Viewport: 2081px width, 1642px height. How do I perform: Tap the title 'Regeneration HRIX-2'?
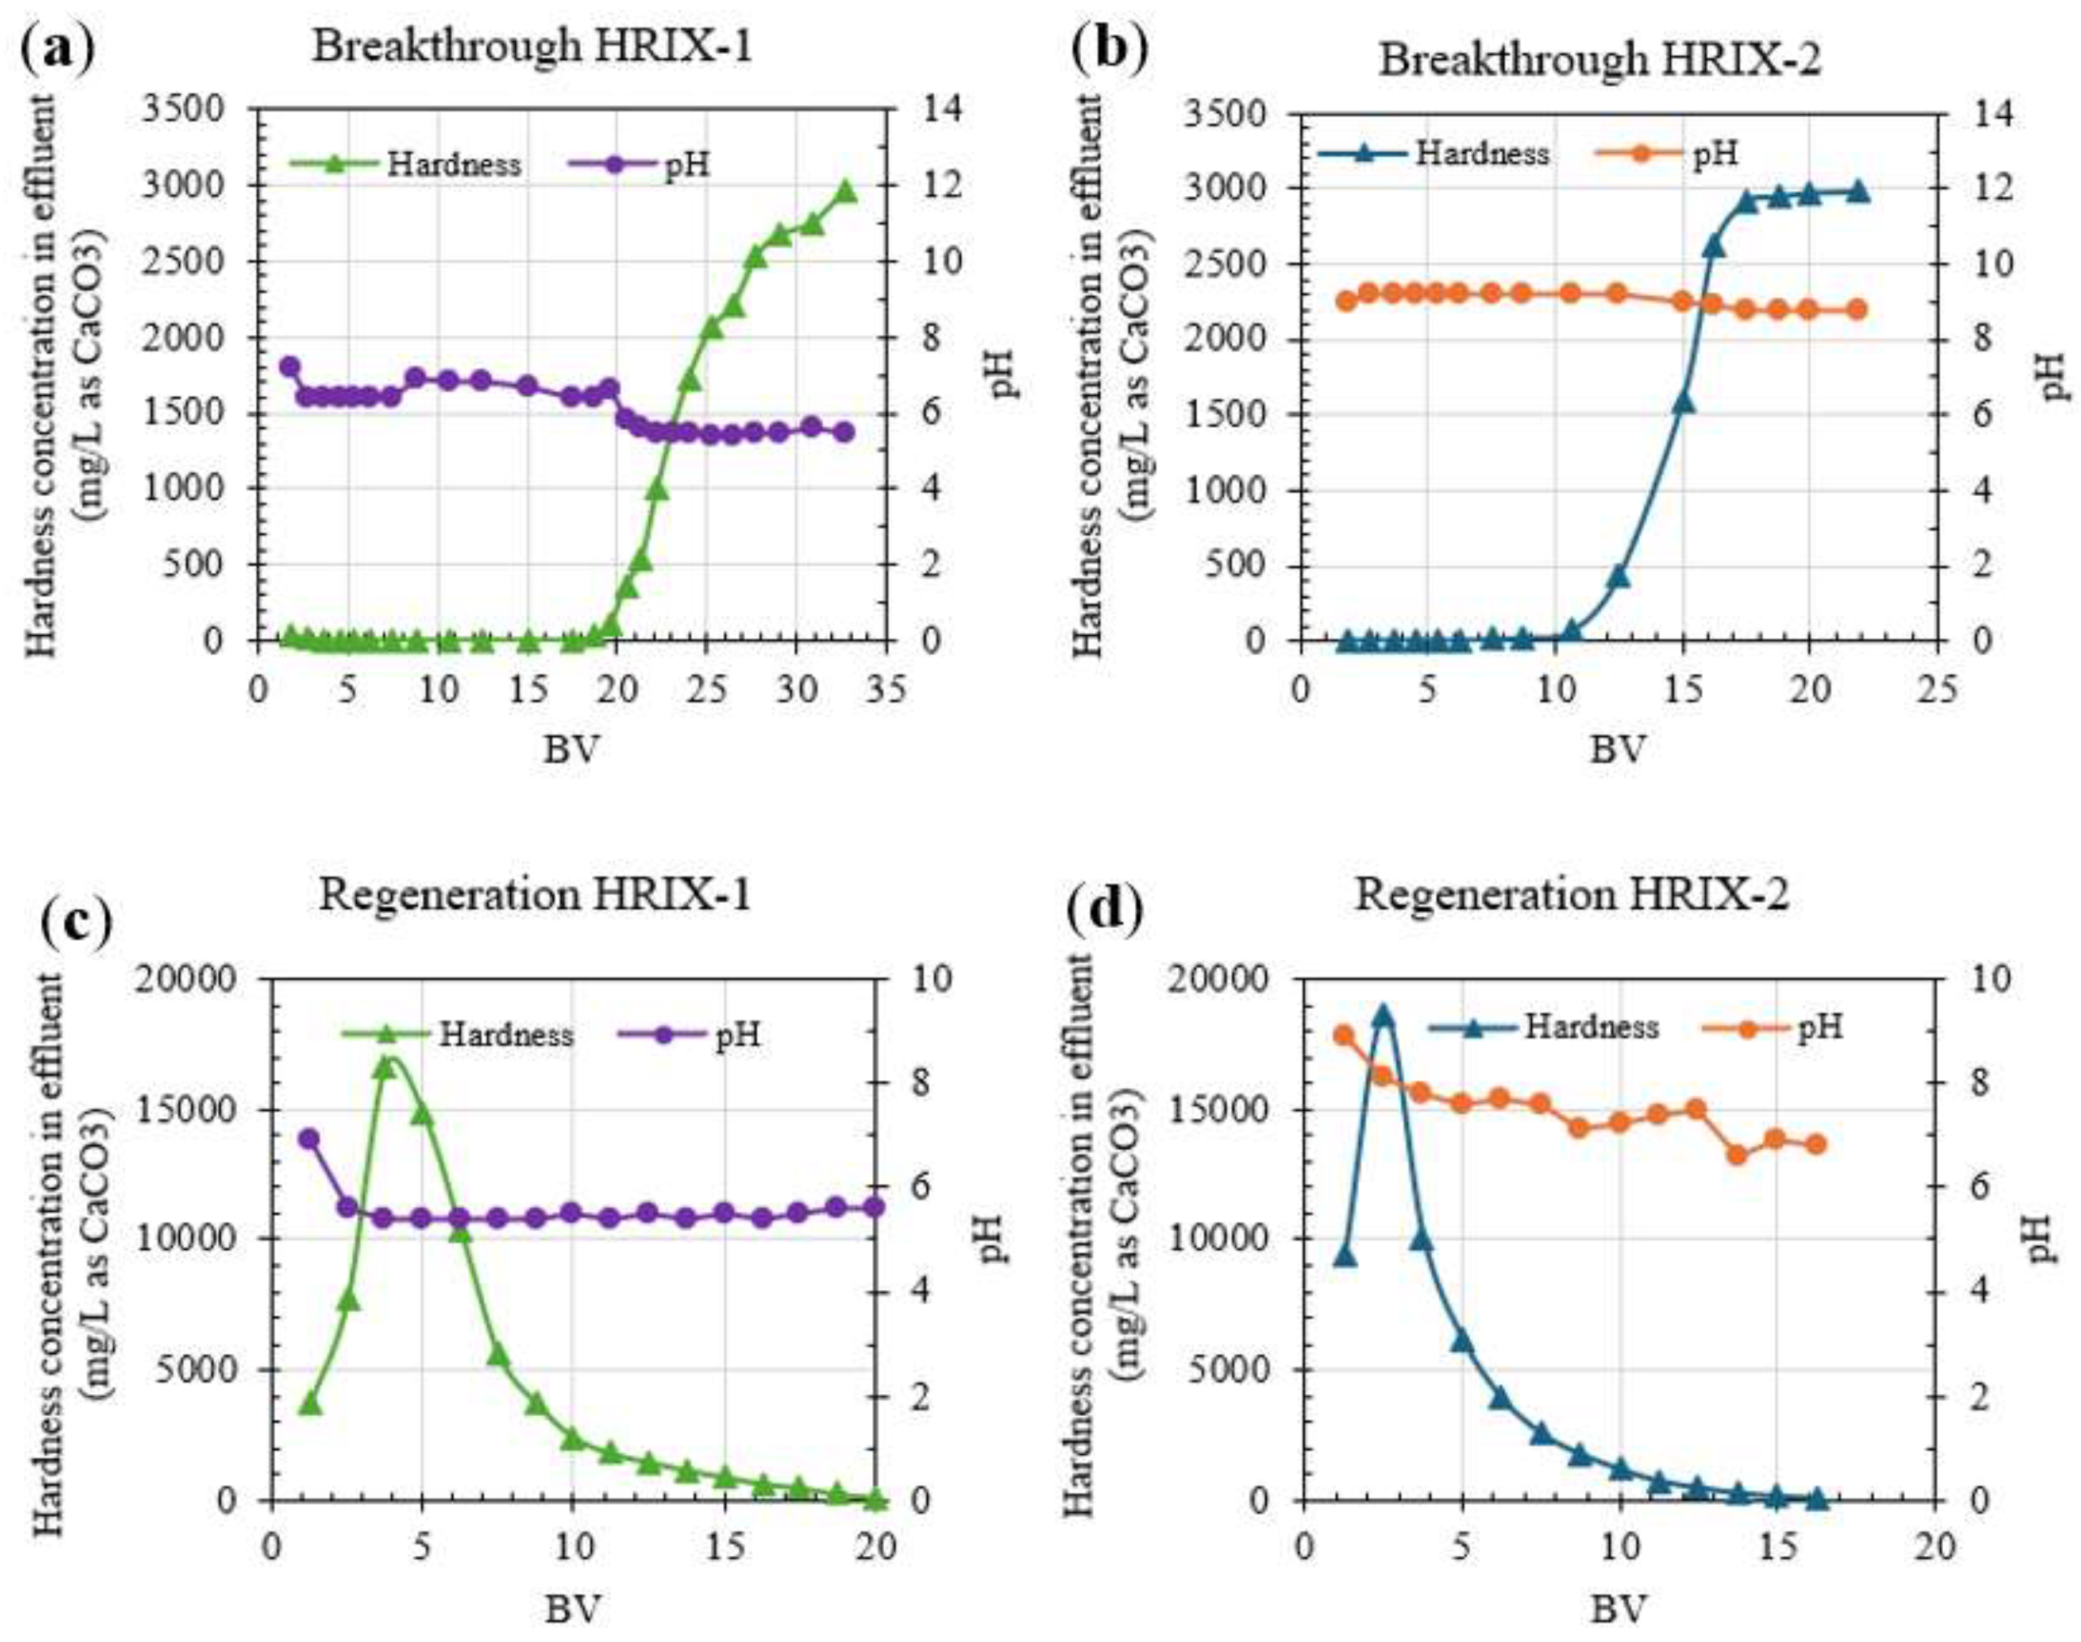point(1573,894)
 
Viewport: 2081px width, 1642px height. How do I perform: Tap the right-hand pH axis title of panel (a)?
point(1003,375)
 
